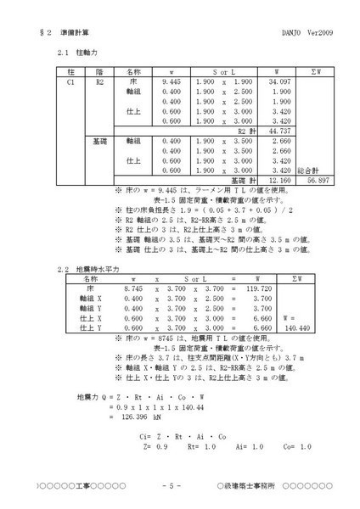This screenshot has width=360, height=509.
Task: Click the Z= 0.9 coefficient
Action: point(155,445)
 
